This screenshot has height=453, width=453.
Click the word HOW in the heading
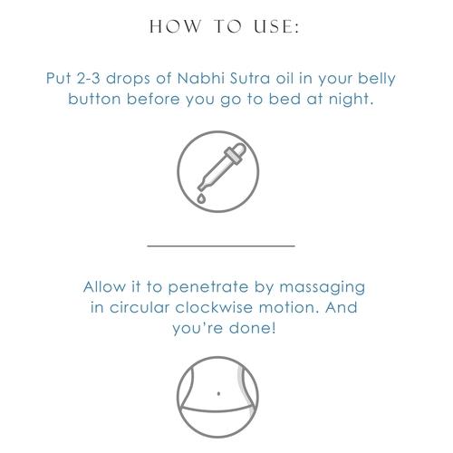(x=175, y=26)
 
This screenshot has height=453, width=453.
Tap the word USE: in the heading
(x=276, y=26)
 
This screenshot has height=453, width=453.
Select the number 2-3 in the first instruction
(x=88, y=78)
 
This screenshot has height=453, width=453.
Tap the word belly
(x=377, y=79)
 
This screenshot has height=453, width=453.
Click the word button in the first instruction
(x=94, y=99)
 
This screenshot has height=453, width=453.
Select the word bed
(x=284, y=99)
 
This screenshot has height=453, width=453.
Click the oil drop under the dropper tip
(x=201, y=198)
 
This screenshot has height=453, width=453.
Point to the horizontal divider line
(x=221, y=246)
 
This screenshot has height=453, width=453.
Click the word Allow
(x=104, y=286)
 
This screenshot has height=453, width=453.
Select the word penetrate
(x=208, y=287)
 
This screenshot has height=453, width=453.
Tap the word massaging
(x=323, y=288)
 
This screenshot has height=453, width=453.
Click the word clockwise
(x=214, y=307)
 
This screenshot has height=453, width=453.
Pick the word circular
(x=140, y=307)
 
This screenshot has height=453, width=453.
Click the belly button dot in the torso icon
(x=218, y=393)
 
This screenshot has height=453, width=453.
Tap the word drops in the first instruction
(x=128, y=79)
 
